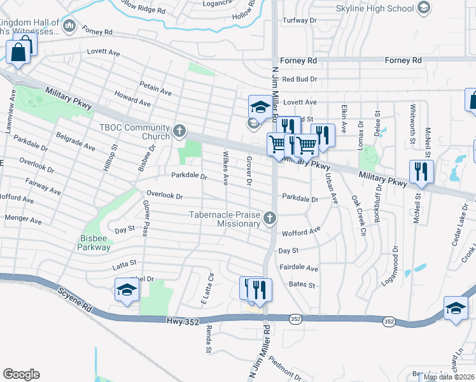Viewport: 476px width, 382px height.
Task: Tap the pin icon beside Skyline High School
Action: coord(424,8)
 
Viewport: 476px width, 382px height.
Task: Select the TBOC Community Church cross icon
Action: coord(179,132)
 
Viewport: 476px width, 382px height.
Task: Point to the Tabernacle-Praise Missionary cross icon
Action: coord(270,219)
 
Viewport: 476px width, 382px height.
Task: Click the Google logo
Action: coord(21,374)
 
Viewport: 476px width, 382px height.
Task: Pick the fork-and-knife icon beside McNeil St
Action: coord(421,171)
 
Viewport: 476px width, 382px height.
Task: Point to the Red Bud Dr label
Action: coord(299,79)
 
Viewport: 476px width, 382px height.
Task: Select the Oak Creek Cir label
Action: coord(359,216)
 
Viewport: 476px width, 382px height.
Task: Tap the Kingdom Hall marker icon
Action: coord(69,27)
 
